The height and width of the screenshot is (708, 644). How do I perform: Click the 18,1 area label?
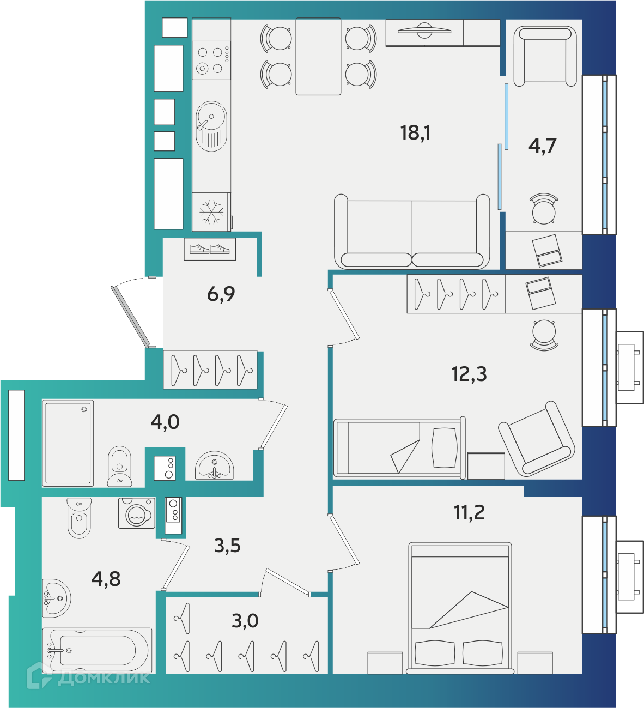415,133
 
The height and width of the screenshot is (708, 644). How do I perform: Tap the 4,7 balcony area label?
542,146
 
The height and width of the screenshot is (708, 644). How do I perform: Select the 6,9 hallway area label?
221,294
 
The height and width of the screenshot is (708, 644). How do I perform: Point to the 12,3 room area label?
469,374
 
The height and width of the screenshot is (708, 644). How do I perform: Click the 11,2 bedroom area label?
469,512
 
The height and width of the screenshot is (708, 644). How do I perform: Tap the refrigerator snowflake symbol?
211,212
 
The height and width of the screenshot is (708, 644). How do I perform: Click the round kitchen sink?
211,126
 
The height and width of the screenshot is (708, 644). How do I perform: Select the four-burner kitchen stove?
211,60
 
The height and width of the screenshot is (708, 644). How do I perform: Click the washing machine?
137,513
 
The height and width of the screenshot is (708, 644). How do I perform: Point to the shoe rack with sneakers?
210,249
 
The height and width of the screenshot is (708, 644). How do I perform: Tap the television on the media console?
424,31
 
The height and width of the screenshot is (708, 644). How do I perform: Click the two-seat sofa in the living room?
412,232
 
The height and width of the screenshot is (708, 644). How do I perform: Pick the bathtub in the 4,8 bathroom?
98,650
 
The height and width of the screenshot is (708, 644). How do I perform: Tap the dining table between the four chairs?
318,57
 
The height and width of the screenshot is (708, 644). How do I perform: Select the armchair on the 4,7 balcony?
545,57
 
